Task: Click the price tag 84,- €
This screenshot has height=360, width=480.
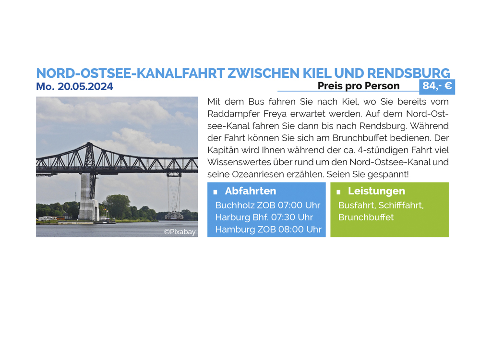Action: click(x=437, y=86)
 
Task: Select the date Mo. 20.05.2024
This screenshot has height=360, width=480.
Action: click(x=75, y=86)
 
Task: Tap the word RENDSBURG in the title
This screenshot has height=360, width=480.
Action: click(x=408, y=73)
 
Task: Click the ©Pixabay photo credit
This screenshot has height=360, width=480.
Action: click(x=180, y=232)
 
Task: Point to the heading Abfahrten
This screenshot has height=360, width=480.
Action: click(x=251, y=191)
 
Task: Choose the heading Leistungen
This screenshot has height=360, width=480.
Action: click(x=376, y=191)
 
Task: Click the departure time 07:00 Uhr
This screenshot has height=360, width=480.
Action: click(x=299, y=205)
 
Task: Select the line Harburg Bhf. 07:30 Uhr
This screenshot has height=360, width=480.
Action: click(x=264, y=217)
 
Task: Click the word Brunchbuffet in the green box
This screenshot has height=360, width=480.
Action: click(x=366, y=217)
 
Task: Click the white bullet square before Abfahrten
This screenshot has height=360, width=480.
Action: click(x=215, y=192)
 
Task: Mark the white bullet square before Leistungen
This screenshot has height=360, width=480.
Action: click(x=338, y=192)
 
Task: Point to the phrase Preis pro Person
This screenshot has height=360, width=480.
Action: click(x=359, y=86)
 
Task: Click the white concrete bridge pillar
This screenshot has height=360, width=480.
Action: click(x=88, y=197)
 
